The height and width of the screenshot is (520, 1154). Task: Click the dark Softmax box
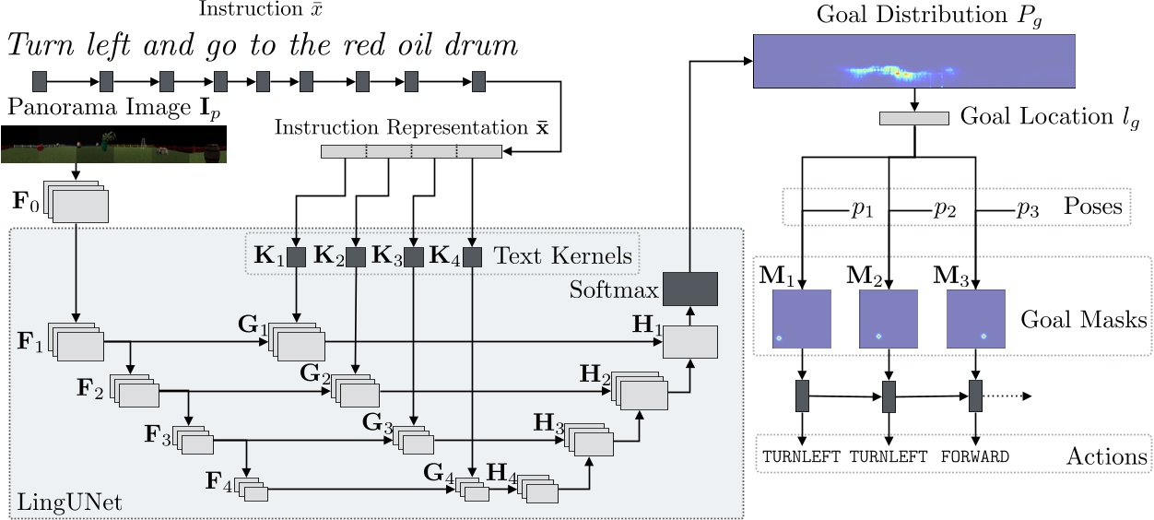[690, 289]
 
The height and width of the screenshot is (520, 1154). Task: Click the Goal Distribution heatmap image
[914, 61]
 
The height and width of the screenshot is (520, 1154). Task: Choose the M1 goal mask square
[802, 318]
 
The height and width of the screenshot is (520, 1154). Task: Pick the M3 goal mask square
[976, 318]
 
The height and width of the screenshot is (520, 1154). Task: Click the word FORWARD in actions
[975, 456]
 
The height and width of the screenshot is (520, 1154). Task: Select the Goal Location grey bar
[913, 118]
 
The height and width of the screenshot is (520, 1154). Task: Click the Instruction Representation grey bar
[410, 151]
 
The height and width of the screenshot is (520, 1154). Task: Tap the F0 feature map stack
[77, 204]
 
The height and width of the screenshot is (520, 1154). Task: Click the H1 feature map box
[690, 342]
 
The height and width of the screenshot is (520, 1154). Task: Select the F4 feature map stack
[252, 490]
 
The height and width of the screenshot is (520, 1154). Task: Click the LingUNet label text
[70, 503]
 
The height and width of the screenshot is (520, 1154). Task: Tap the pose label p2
[943, 207]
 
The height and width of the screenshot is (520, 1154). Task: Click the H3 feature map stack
[590, 441]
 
